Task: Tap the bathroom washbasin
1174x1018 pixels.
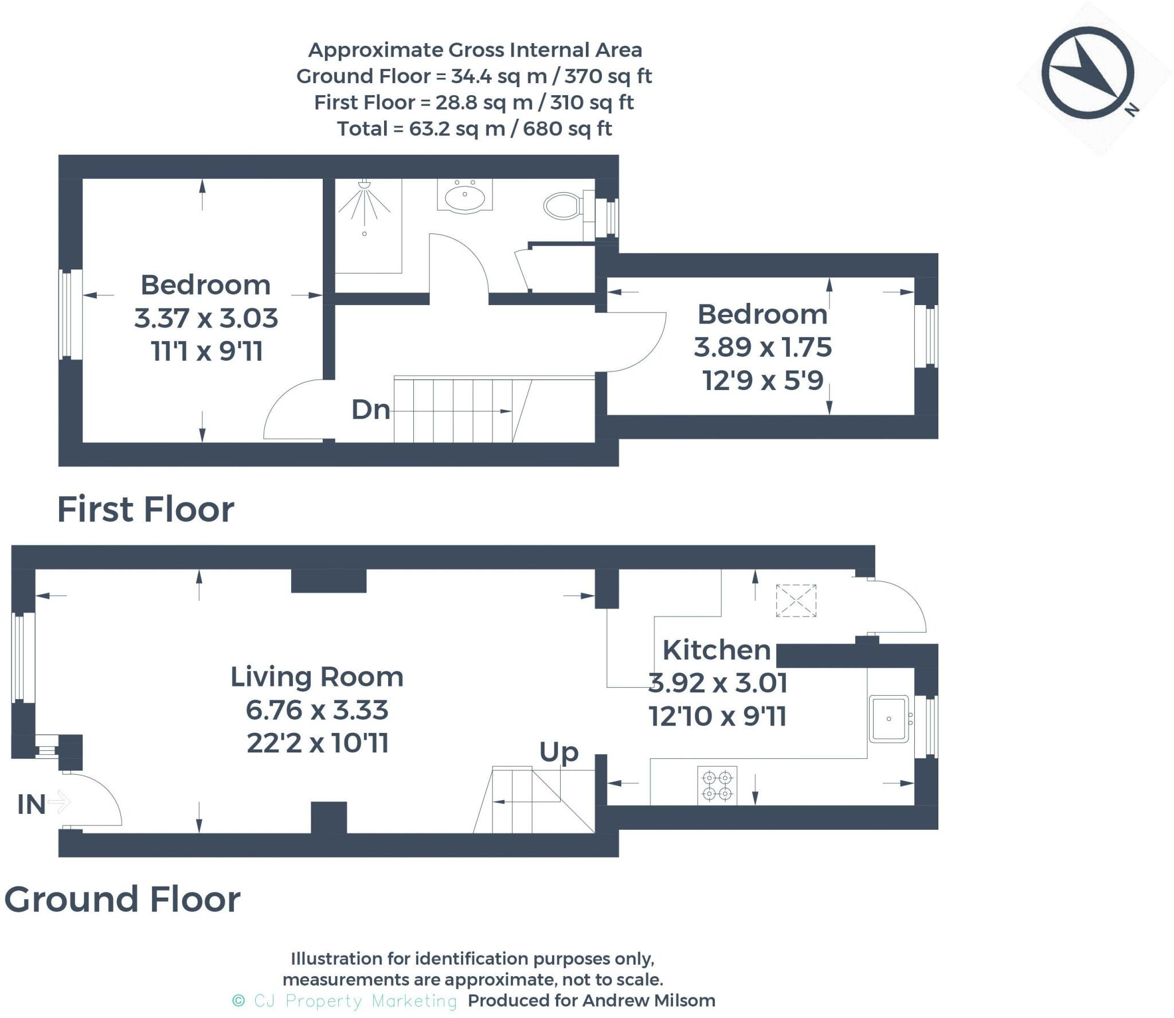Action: pyautogui.click(x=464, y=196)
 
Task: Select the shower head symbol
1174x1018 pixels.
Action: pyautogui.click(x=365, y=204)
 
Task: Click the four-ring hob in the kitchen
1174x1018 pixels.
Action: pyautogui.click(x=717, y=785)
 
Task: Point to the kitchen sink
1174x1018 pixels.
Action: pyautogui.click(x=889, y=719)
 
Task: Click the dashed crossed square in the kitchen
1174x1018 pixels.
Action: pyautogui.click(x=796, y=600)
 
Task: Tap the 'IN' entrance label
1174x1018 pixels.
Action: pyautogui.click(x=32, y=804)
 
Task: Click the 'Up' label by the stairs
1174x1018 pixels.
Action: pyautogui.click(x=559, y=752)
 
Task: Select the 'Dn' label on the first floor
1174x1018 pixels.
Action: pyautogui.click(x=371, y=409)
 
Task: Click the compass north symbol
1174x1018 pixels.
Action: pyautogui.click(x=1087, y=73)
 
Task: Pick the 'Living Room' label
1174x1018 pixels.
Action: pyautogui.click(x=317, y=677)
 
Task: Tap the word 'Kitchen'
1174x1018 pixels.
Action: pyautogui.click(x=717, y=650)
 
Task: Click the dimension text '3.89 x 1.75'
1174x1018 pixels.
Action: pyautogui.click(x=762, y=347)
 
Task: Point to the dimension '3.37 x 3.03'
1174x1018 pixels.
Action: pyautogui.click(x=206, y=318)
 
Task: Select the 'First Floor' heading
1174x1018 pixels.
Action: pyautogui.click(x=146, y=509)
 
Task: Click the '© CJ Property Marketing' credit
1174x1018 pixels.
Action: pyautogui.click(x=345, y=1001)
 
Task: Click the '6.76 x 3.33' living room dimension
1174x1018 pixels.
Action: pyautogui.click(x=317, y=710)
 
